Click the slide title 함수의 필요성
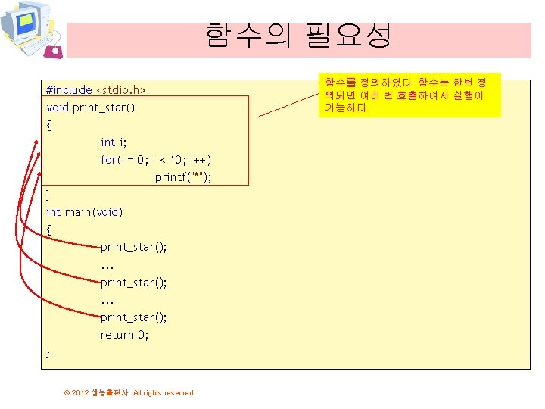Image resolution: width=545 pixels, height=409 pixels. (x=298, y=36)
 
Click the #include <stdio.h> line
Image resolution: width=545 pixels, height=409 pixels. (x=95, y=90)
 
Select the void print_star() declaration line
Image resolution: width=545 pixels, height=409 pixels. (x=91, y=108)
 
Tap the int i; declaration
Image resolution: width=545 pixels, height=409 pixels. (x=114, y=142)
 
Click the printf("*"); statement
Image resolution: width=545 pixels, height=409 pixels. (x=183, y=177)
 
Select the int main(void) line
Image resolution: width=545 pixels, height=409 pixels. (x=84, y=212)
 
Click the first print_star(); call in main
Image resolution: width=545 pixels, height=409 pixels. (x=134, y=247)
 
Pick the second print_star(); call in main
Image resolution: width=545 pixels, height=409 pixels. (x=134, y=282)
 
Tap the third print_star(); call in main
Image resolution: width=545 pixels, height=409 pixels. (x=134, y=317)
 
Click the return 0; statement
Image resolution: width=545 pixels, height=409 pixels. (x=125, y=334)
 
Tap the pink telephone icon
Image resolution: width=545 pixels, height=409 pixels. (x=54, y=51)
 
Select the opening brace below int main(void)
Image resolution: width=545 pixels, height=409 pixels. (x=49, y=229)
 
